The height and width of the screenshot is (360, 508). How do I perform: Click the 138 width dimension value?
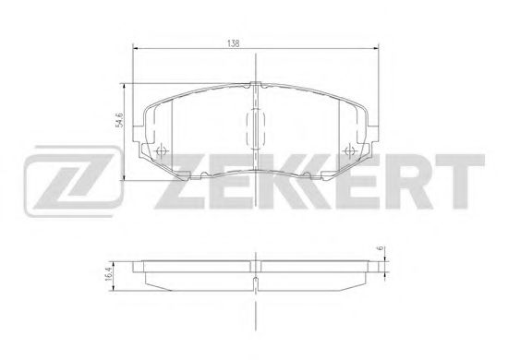tap(234, 43)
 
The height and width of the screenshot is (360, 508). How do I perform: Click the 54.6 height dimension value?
tap(119, 120)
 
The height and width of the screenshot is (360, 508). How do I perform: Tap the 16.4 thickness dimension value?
tap(109, 274)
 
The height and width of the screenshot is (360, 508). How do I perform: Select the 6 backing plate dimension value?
tap(381, 247)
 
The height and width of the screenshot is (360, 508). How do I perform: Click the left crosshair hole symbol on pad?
tap(161, 150)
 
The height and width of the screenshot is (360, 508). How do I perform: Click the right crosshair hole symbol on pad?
tap(349, 150)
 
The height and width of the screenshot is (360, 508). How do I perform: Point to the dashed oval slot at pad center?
tap(256, 129)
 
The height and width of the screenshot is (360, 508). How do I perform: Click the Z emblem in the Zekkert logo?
tap(73, 181)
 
